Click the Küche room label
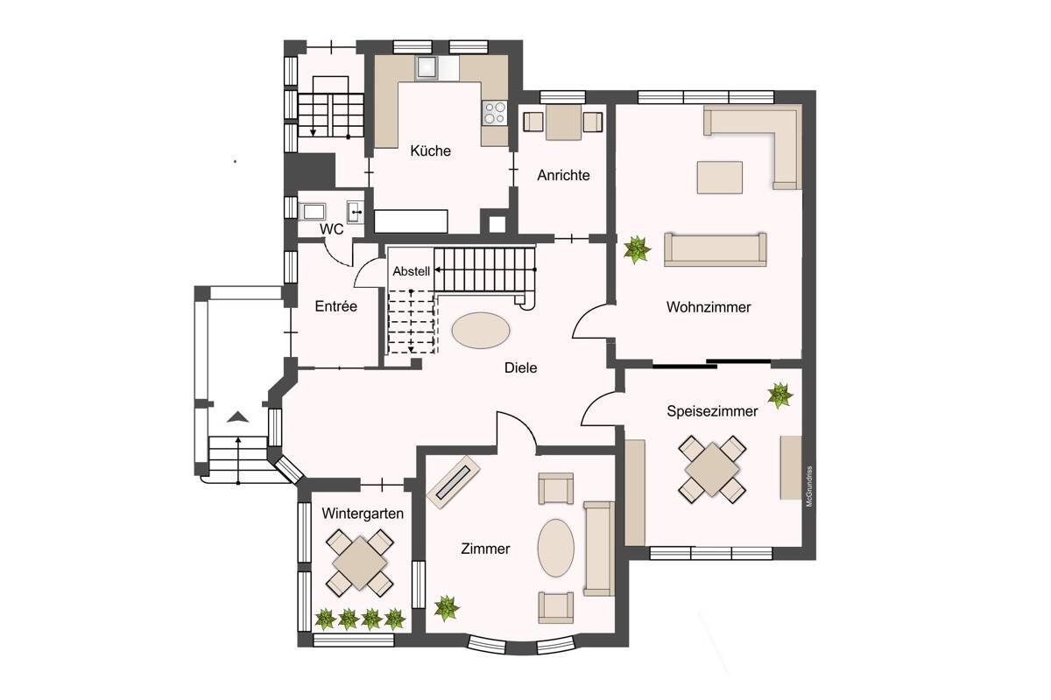tap(430, 150)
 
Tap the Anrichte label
tap(563, 175)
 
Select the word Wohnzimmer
tap(709, 307)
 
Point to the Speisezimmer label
tap(712, 411)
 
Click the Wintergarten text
tap(363, 514)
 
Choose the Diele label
tap(521, 367)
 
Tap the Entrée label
tap(336, 306)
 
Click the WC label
tap(331, 229)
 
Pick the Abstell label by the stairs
tap(411, 271)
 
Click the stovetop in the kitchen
tap(495, 113)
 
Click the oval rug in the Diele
tap(481, 331)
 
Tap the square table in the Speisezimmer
tap(712, 470)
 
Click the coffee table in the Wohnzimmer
tap(719, 178)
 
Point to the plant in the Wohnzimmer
tap(637, 250)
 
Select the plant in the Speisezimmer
tap(779, 395)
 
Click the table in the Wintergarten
tap(360, 563)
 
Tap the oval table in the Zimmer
tap(555, 548)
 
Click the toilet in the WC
tap(313, 212)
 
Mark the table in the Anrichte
tap(563, 122)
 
